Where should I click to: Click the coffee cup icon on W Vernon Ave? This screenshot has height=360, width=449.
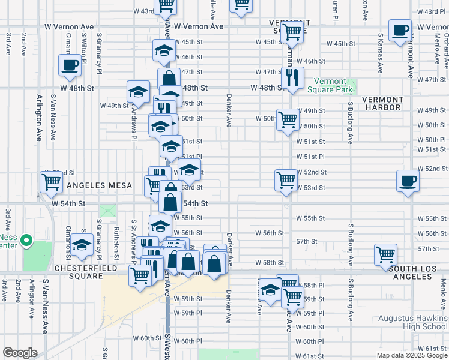[399, 31]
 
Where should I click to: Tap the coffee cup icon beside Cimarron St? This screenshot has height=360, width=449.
[70, 65]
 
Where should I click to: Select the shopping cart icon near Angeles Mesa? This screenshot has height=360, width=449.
[51, 181]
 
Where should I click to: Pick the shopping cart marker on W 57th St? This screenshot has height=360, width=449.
[385, 254]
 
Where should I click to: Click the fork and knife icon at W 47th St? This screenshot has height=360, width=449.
[292, 77]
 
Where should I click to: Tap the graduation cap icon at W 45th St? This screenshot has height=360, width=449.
[163, 50]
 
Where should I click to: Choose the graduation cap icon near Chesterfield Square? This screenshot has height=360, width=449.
[81, 246]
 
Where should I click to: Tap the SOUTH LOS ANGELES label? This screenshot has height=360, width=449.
[418, 272]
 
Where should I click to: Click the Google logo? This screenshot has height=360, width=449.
[20, 353]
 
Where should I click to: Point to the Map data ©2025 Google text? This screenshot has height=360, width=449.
[412, 355]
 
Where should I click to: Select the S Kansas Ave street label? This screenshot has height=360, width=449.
[381, 53]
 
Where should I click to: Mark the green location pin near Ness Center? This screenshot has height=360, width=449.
[26, 241]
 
